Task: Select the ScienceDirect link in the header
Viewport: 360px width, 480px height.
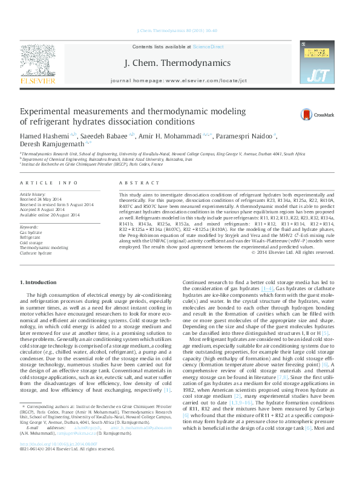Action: (x=209, y=47)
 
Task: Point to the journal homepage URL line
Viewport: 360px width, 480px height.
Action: (x=178, y=80)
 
